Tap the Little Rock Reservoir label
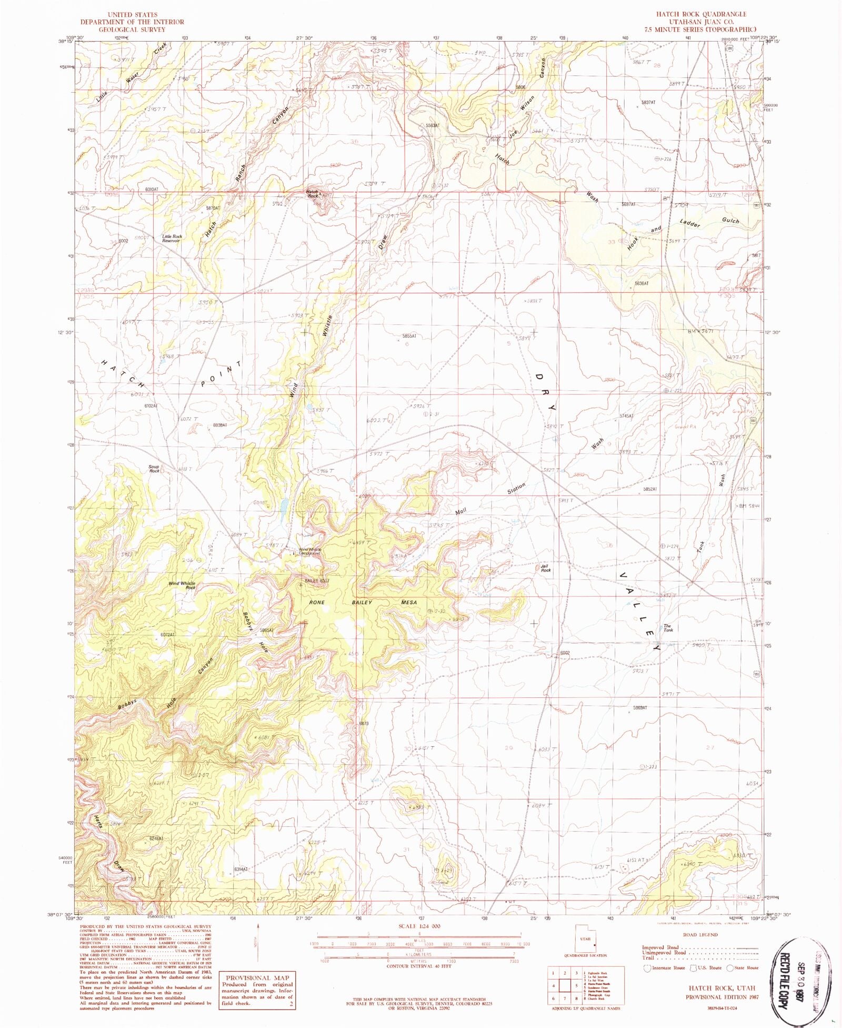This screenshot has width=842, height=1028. coord(172,239)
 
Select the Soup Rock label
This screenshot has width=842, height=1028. coord(154,469)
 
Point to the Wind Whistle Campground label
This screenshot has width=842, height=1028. coord(309,551)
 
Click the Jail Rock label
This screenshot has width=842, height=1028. coord(546,568)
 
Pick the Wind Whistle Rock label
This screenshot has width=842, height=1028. coord(182,585)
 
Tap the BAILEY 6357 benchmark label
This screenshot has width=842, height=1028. coord(317,581)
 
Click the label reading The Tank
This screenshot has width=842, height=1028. coord(668,628)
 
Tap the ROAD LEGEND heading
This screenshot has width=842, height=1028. coord(700,935)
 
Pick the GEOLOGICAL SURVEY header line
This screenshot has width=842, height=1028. coord(132,29)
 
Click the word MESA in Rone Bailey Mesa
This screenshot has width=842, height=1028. coord(408,602)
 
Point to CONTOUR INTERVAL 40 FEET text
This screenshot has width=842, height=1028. coord(416,966)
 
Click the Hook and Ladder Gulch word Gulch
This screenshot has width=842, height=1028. coord(730,221)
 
